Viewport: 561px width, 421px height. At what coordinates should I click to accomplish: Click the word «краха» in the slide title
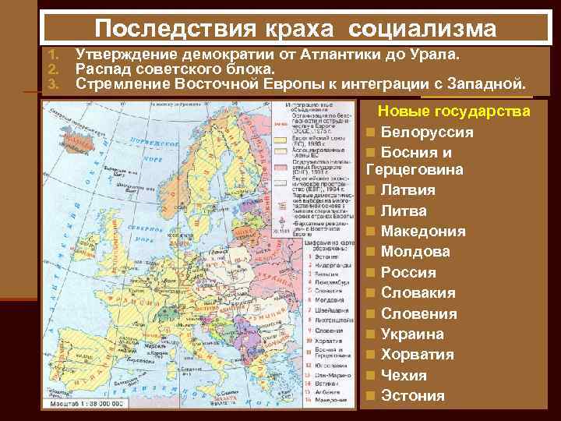[x=300, y=29]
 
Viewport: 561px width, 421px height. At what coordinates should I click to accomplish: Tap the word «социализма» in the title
[x=422, y=29]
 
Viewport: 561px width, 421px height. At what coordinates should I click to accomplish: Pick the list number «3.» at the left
[x=53, y=83]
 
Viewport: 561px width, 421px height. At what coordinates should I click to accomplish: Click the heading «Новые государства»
[x=454, y=111]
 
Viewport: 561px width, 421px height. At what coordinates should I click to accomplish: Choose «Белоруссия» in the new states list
[x=427, y=132]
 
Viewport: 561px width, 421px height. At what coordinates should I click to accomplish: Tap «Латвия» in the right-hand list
[x=408, y=189]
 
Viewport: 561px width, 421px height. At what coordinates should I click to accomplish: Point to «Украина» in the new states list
[x=412, y=334]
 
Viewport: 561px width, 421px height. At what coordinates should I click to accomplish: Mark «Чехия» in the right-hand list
[x=404, y=375]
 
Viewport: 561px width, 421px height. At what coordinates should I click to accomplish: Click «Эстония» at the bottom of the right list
[x=413, y=395]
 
